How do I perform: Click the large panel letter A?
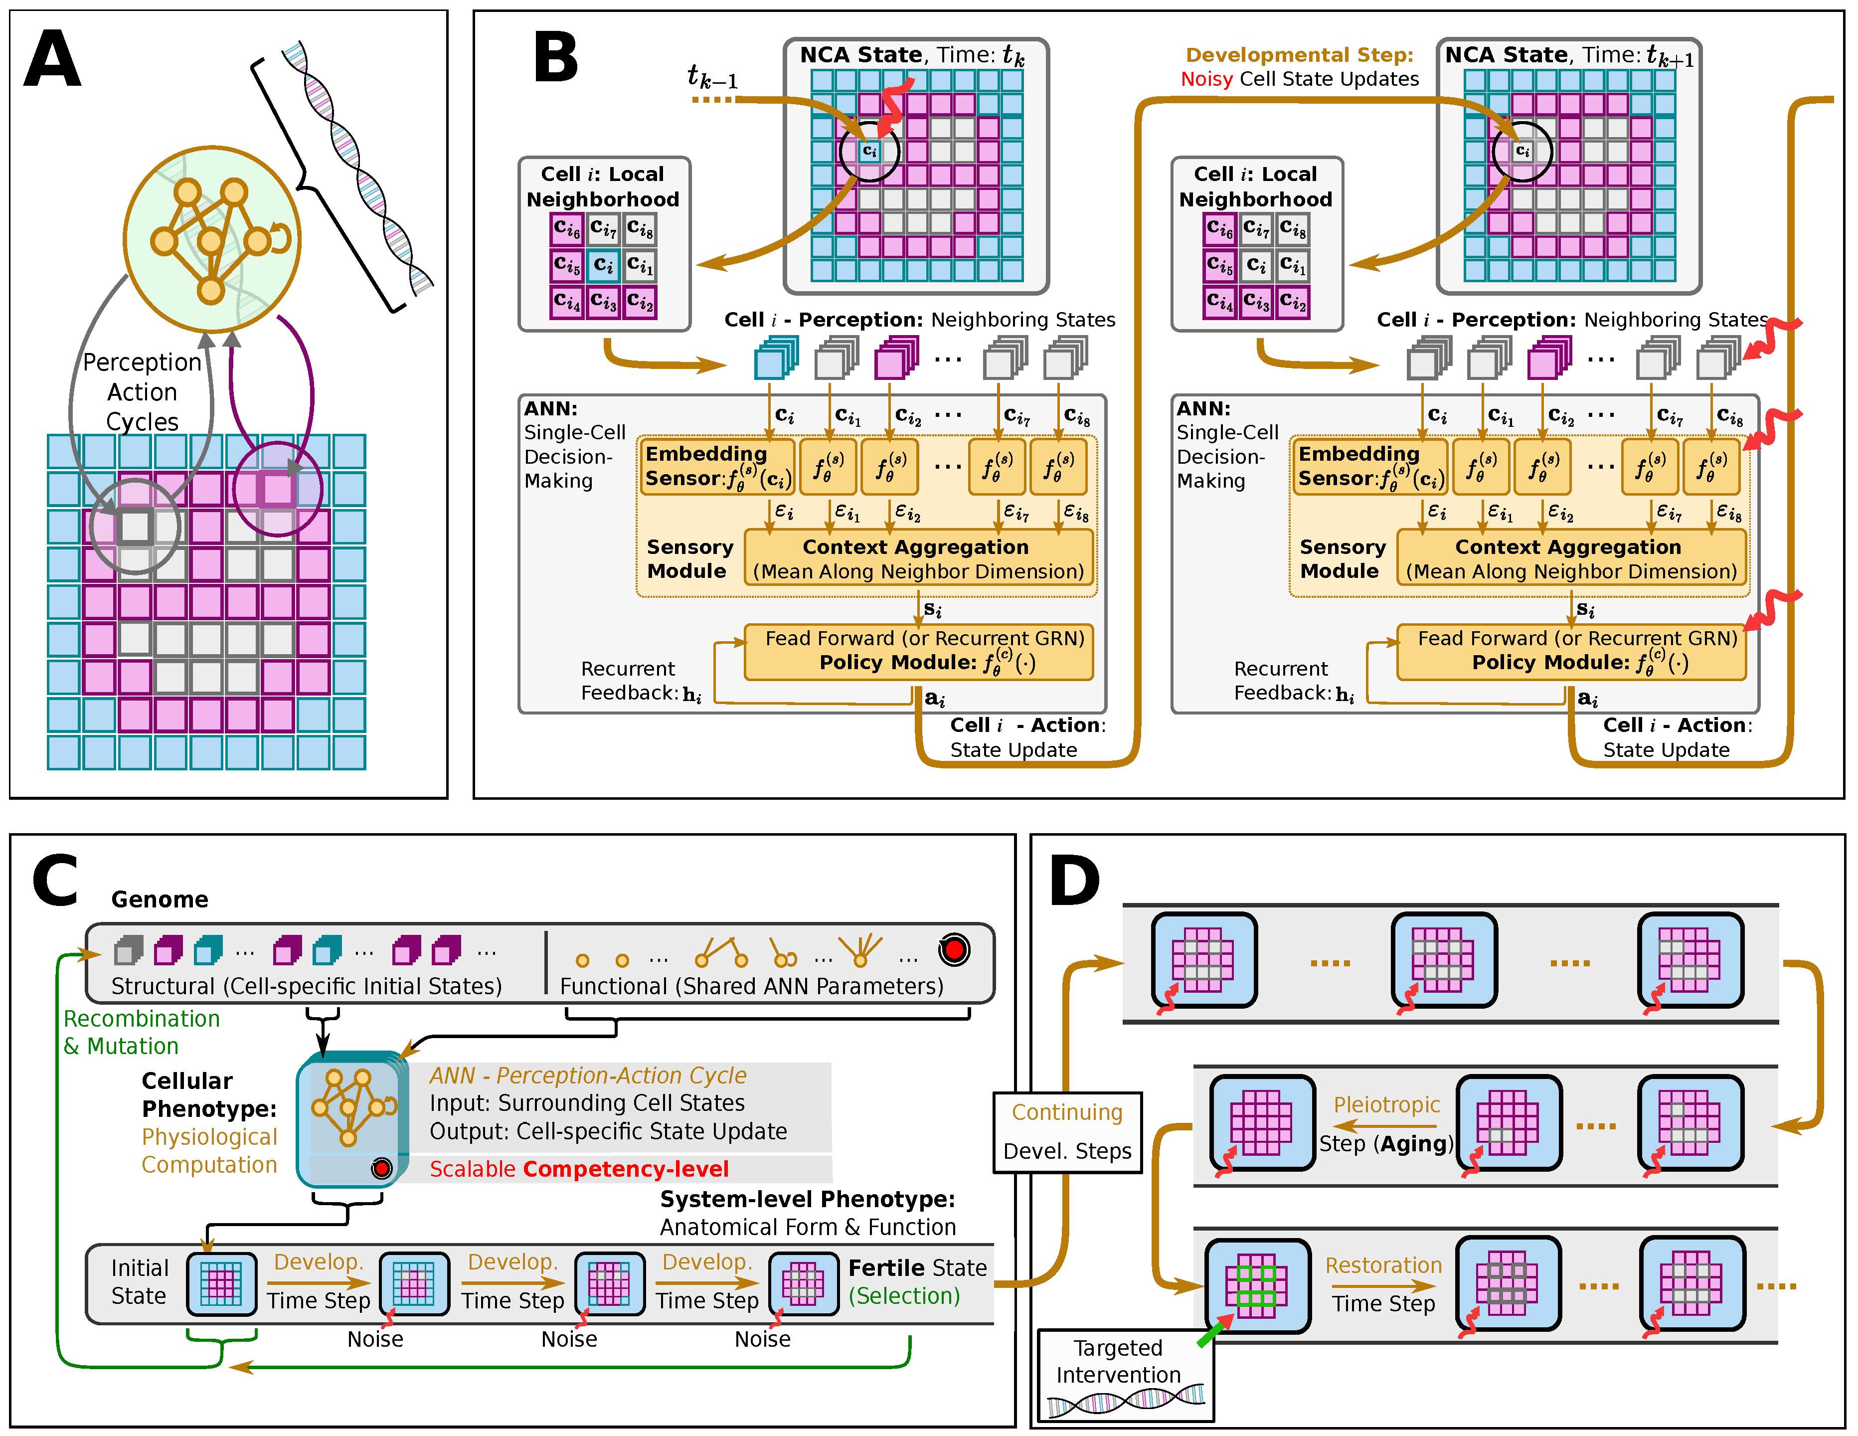point(53,59)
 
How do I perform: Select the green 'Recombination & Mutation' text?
point(141,1032)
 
